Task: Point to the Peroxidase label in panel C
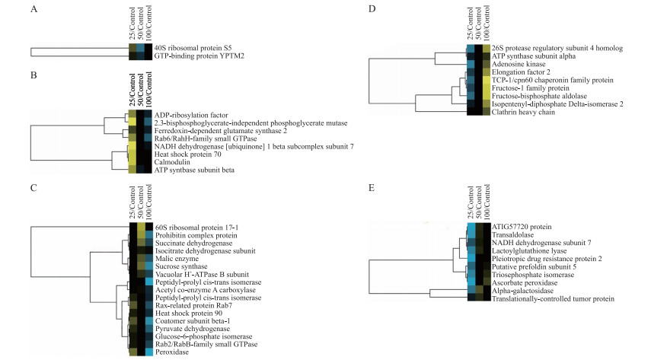pos(172,351)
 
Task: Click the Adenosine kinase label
pos(517,65)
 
